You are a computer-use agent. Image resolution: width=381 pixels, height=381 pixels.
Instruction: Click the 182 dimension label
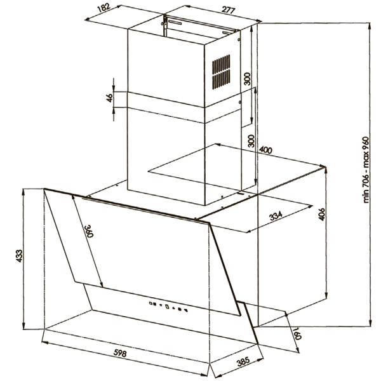[x=104, y=8]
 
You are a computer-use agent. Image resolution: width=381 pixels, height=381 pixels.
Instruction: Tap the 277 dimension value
[x=229, y=10]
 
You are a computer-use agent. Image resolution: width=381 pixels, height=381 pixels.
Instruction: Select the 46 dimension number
[x=110, y=98]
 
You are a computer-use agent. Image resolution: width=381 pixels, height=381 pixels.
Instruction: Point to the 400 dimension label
[x=265, y=150]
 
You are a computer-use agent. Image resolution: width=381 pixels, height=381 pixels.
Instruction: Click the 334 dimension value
[x=276, y=215]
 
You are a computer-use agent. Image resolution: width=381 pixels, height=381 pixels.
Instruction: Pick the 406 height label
[x=321, y=214]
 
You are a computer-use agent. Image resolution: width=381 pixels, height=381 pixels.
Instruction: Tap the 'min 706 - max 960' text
[x=366, y=170]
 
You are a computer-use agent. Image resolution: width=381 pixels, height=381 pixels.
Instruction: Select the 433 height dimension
[x=19, y=256]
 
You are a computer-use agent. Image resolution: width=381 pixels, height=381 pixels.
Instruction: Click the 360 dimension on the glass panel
[x=89, y=231]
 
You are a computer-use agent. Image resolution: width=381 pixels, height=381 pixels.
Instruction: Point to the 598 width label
[x=120, y=353]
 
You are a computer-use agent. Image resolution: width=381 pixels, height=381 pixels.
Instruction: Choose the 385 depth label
[x=243, y=361]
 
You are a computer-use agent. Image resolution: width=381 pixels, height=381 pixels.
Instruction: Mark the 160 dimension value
[x=297, y=333]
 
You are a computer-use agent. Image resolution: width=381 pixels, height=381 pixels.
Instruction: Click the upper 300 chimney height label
[x=247, y=79]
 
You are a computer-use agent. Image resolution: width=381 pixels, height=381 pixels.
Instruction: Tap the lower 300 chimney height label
[x=251, y=141]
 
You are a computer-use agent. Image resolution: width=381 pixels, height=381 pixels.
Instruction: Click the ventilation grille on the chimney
[x=221, y=72]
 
